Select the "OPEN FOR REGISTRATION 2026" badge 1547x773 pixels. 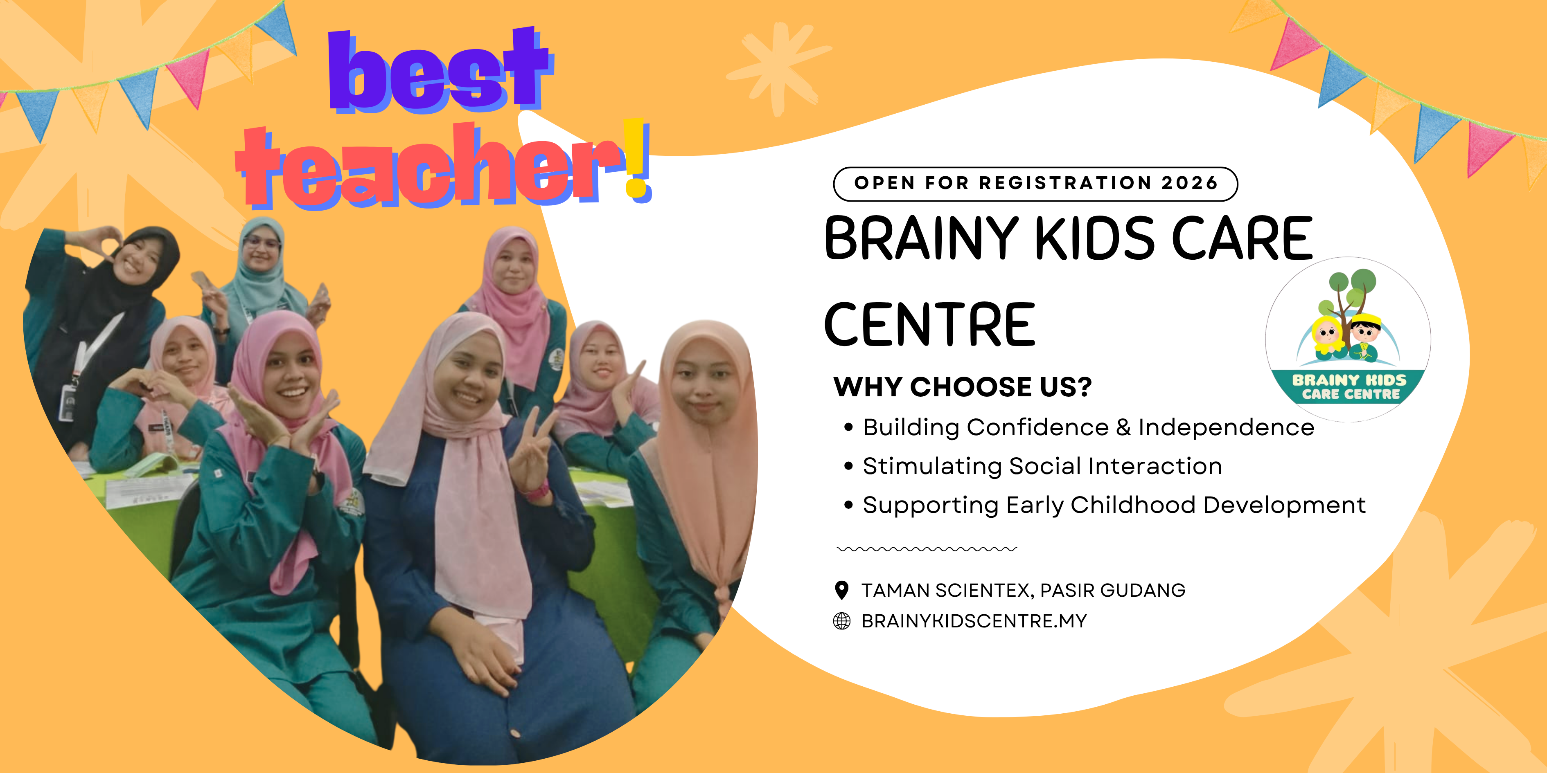[x=1035, y=184]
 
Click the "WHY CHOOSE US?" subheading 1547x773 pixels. [x=963, y=387]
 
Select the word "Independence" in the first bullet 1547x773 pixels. [x=1226, y=427]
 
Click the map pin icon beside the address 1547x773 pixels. [x=842, y=590]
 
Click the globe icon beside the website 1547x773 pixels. [x=842, y=621]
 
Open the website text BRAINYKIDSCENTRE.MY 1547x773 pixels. [x=974, y=621]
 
